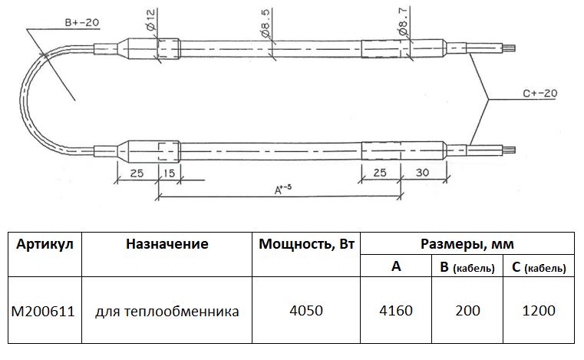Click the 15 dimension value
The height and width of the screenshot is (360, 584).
pos(168,173)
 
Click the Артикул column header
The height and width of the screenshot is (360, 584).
pos(45,244)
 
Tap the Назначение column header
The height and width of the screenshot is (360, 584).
pos(167,244)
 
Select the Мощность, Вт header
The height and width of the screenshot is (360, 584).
pos(307,244)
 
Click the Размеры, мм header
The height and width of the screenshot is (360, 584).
pos(467,244)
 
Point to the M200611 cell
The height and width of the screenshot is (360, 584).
pos(43,312)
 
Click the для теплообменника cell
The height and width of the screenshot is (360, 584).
pos(167,312)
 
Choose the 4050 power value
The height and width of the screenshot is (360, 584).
pos(307,312)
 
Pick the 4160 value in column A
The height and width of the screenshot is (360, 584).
pos(396,312)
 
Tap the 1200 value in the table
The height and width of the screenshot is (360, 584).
pos(537,312)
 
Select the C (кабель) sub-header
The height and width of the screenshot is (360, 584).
pos(537,267)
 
